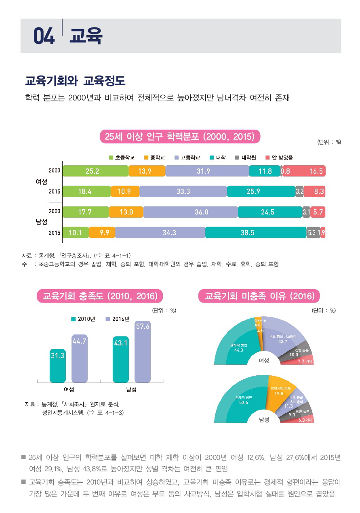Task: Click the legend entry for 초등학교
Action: (x=122, y=158)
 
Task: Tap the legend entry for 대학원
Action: (x=245, y=158)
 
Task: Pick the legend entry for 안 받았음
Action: (x=279, y=158)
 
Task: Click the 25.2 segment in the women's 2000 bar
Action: (x=95, y=171)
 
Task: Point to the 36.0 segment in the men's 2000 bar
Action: (x=190, y=212)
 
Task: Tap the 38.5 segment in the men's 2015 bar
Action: (x=255, y=233)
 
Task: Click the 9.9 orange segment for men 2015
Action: (x=101, y=233)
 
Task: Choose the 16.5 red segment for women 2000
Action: (x=304, y=171)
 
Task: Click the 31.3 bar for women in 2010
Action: (x=57, y=366)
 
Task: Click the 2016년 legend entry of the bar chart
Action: (x=117, y=319)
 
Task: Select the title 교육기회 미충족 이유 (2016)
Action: (x=259, y=296)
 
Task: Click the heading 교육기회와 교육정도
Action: (x=75, y=81)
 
